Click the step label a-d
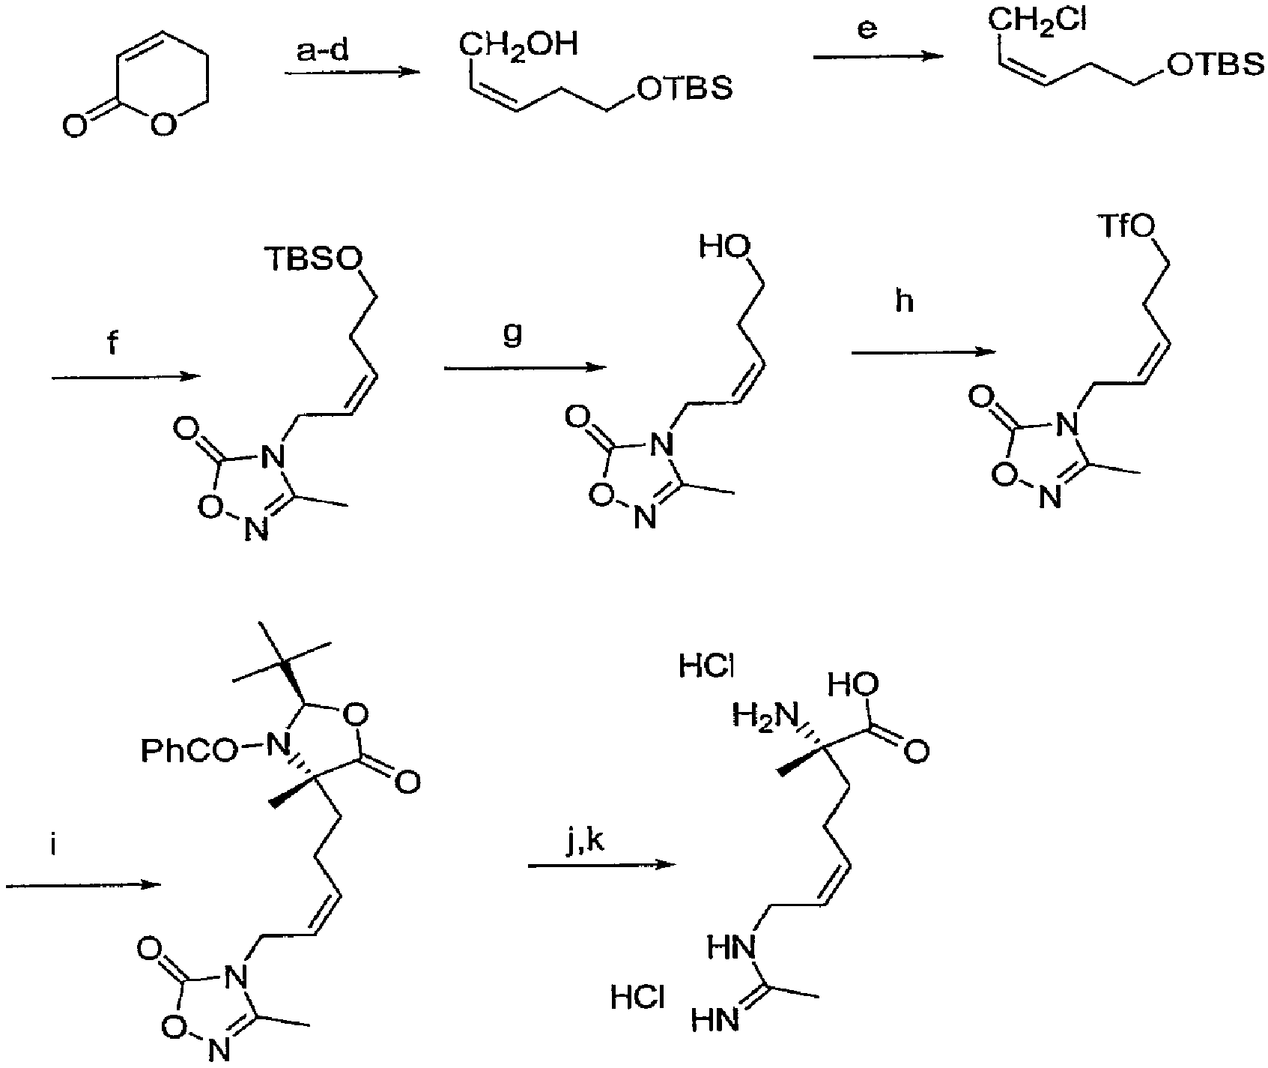click(321, 52)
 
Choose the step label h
click(906, 303)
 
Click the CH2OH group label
click(519, 45)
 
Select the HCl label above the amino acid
click(706, 666)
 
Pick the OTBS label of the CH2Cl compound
click(1211, 66)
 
